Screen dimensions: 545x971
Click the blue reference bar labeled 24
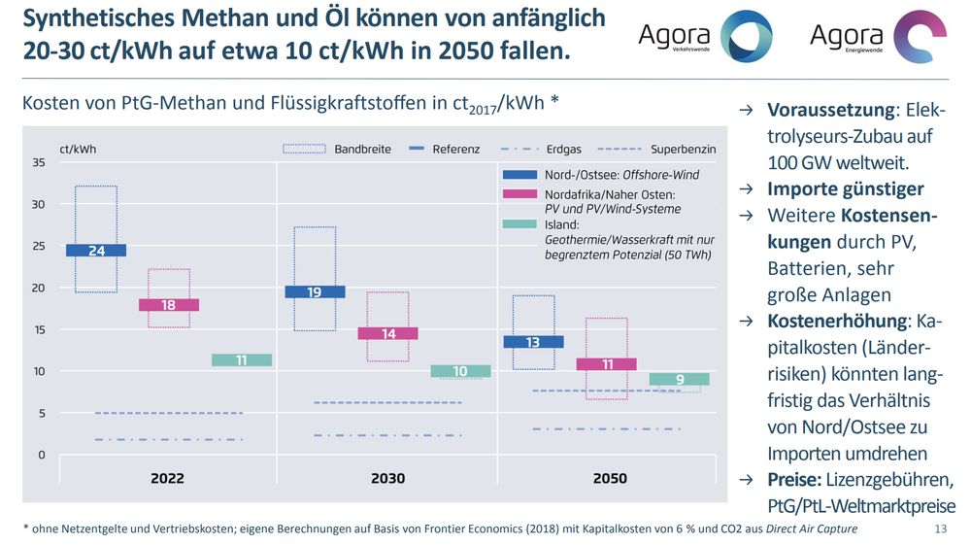point(96,251)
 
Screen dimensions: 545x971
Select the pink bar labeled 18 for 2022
point(169,305)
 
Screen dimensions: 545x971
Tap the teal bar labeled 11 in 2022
point(242,360)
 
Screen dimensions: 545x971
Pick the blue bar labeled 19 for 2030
point(316,291)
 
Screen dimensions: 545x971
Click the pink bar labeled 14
point(388,333)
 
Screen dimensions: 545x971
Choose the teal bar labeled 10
point(461,371)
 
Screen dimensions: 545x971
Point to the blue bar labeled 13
point(533,342)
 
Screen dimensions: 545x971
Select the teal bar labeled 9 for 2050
point(680,379)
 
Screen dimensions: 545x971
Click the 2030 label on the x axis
point(387,478)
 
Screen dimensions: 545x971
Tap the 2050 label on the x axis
point(609,478)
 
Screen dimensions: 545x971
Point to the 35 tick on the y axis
point(39,163)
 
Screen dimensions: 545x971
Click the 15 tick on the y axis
point(39,330)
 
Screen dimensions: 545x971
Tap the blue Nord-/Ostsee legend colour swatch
point(519,175)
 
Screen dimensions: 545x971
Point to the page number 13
point(939,528)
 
